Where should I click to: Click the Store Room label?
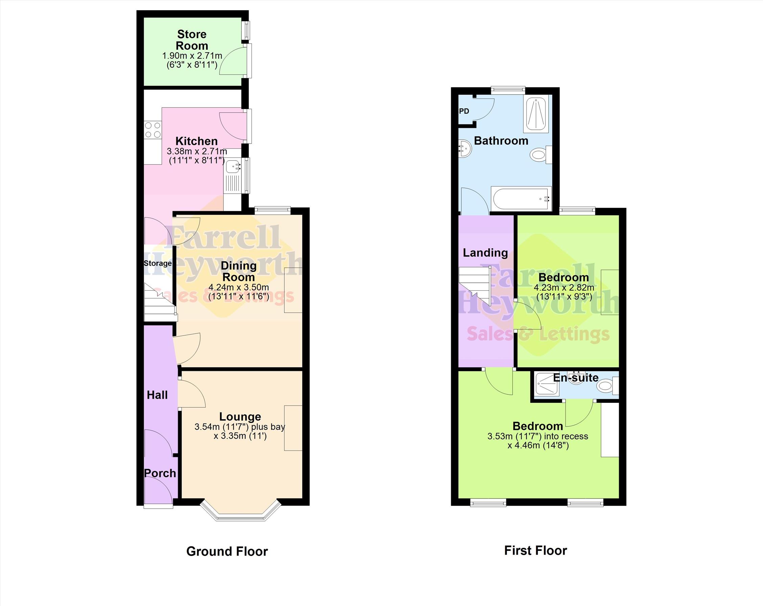coord(192,40)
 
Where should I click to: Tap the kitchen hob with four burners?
coord(153,130)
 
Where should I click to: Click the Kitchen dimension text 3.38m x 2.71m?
coord(197,151)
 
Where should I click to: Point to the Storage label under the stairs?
coord(158,263)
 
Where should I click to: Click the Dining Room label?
coord(238,271)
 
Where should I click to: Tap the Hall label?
coord(157,395)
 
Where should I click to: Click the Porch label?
coord(160,473)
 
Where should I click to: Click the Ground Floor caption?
coord(227,551)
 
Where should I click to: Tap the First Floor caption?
coord(535,551)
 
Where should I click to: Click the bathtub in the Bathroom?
coord(521,199)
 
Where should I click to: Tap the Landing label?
coord(485,252)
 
